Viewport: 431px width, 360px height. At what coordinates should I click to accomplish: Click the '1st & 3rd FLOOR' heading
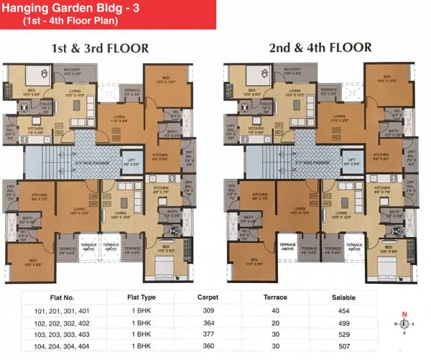point(100,49)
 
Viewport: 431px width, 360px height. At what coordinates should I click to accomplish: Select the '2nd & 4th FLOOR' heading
point(320,48)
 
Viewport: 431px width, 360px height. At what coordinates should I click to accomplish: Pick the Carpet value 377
point(208,335)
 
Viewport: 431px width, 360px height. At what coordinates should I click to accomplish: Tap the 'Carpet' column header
point(208,296)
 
